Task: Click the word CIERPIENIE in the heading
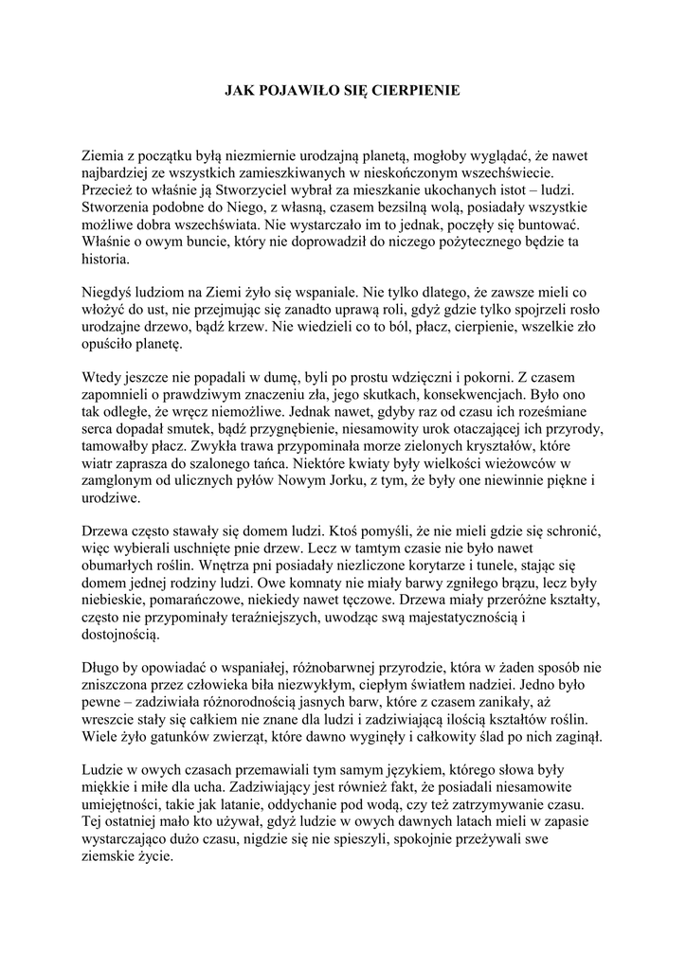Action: click(x=415, y=91)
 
